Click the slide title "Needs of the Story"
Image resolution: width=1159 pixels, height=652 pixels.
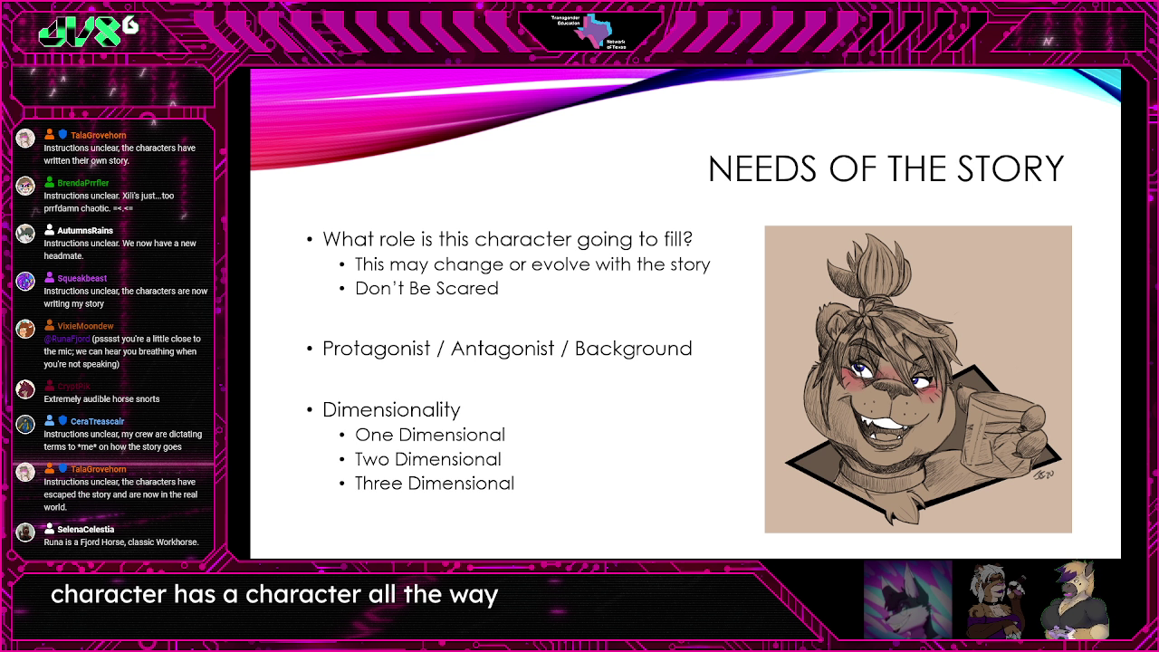(886, 169)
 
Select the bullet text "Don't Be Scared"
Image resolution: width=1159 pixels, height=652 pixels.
(426, 288)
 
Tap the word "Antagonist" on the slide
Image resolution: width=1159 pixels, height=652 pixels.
(503, 349)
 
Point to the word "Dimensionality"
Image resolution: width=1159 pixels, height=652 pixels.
(391, 409)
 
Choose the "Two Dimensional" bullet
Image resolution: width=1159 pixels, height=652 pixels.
(427, 459)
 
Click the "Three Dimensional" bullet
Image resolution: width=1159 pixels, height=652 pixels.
(434, 484)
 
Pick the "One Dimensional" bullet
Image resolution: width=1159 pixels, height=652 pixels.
(429, 435)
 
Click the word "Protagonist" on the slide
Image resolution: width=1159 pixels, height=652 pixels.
(376, 349)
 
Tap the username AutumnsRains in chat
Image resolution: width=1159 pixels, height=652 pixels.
(85, 231)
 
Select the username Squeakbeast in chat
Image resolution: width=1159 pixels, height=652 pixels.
(82, 279)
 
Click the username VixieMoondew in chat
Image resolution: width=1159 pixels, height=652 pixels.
(85, 326)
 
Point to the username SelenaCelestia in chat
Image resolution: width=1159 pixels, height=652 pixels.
(85, 529)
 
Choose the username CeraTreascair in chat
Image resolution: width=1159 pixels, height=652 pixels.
(97, 421)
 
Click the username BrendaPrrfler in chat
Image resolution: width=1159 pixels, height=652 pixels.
(83, 183)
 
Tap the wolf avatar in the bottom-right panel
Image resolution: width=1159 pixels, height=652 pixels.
(906, 599)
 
